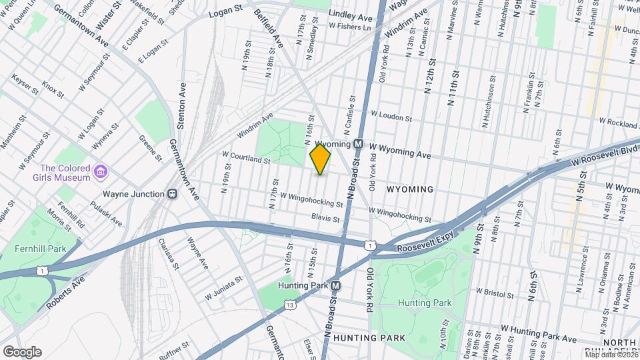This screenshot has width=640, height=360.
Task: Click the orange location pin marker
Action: pos(320,159)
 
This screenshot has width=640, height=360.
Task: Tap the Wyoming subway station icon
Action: pos(358,144)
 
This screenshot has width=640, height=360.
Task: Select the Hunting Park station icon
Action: pos(336,285)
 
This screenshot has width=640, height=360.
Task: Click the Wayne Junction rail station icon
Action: pos(172,194)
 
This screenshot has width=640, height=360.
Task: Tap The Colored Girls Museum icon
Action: pos(100,173)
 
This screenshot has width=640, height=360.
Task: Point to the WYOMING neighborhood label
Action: pos(410,189)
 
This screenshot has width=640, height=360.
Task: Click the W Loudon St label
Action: pos(391,116)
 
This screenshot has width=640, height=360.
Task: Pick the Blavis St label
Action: pos(325,218)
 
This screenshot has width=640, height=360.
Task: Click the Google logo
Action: pos(21,351)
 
